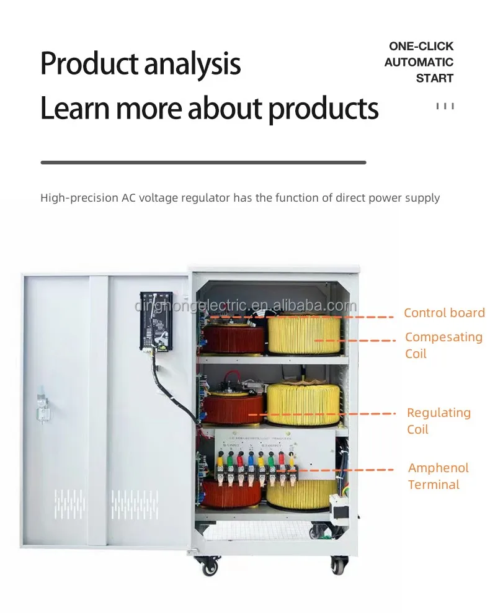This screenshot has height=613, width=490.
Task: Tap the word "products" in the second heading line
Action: [323, 108]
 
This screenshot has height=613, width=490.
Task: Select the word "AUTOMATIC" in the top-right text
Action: [419, 62]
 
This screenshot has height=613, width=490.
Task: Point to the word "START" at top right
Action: [434, 78]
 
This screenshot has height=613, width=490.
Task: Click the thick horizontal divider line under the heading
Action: [203, 163]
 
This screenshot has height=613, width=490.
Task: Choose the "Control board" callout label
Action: [444, 313]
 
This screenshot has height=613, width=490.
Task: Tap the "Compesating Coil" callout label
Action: [443, 345]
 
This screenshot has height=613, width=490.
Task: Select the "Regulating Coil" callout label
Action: [438, 421]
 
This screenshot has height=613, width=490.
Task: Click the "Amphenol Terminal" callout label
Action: [438, 476]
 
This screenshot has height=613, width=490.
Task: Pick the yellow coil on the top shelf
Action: [304, 334]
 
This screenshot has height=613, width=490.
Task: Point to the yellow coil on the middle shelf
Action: [303, 403]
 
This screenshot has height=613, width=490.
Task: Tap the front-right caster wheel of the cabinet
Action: [338, 564]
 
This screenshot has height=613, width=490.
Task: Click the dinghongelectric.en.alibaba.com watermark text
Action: [246, 306]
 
